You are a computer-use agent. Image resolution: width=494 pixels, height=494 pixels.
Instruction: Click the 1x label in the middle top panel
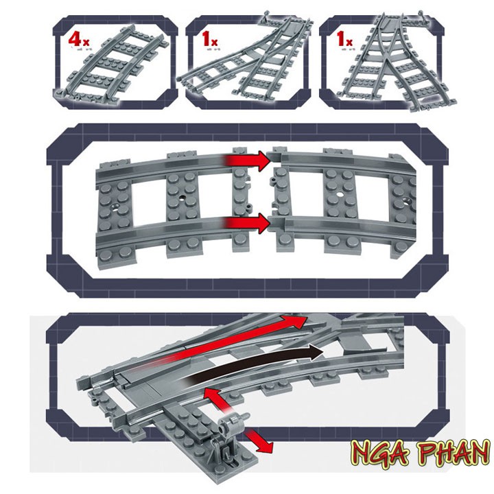(x=209, y=40)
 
